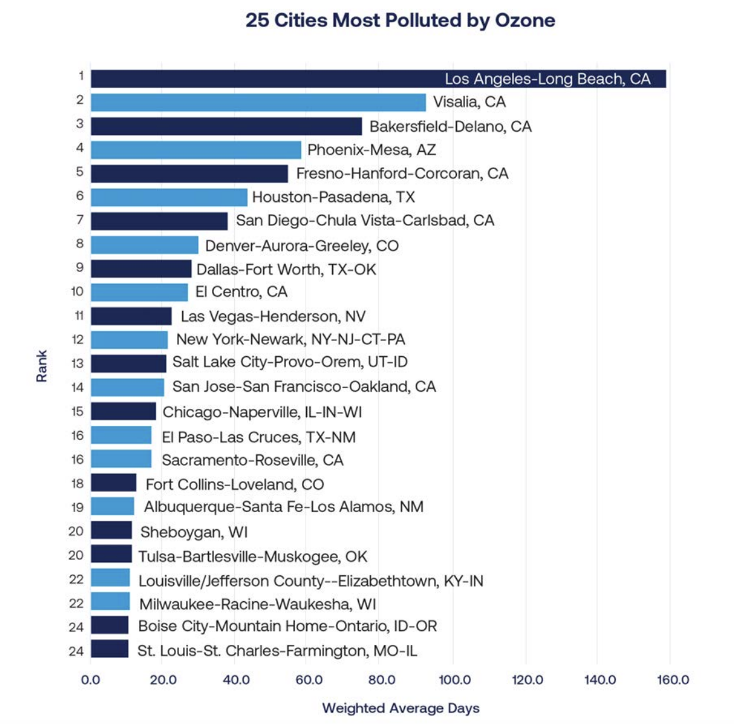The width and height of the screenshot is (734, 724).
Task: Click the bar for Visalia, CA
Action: tap(258, 103)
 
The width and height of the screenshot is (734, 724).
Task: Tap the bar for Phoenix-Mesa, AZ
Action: tap(196, 150)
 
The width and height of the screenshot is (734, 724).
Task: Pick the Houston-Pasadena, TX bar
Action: tap(169, 197)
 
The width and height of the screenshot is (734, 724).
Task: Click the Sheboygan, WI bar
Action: tap(111, 530)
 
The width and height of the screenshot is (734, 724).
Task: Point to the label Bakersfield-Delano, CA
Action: tap(450, 127)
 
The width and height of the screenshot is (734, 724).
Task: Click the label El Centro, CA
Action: tap(241, 292)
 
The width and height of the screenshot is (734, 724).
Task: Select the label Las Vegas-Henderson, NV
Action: tap(273, 316)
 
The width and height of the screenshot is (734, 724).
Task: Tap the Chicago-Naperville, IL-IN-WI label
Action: tap(262, 412)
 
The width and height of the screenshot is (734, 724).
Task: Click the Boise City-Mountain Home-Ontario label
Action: tap(287, 627)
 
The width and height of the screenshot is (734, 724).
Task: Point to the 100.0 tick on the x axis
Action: tap(454, 680)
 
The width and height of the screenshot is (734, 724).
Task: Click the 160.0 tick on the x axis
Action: tap(673, 680)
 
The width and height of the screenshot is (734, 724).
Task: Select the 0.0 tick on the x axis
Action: tap(90, 680)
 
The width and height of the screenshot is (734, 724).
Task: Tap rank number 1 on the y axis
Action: tap(81, 76)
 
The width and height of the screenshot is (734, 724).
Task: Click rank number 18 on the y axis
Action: tap(77, 484)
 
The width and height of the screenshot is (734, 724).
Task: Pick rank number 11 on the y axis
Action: tap(78, 316)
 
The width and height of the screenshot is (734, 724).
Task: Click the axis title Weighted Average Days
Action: tap(401, 708)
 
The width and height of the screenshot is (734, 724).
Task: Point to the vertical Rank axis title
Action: tap(42, 366)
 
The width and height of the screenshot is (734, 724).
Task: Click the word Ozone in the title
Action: tap(525, 20)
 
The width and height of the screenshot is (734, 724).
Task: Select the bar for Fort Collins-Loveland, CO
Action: tap(113, 483)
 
